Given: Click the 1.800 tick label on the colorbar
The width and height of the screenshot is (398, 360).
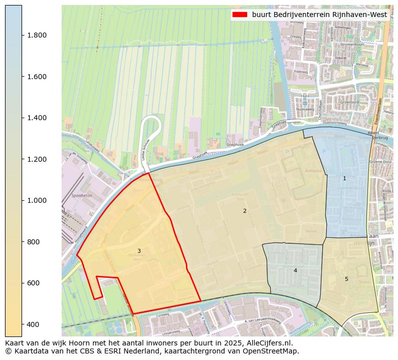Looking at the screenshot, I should point(37,35).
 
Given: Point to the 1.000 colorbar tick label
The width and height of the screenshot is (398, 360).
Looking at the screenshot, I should point(37,200).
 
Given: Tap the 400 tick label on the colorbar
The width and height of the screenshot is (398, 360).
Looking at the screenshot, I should point(34,324).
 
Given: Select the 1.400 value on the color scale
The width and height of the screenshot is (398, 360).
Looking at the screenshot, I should point(37,118).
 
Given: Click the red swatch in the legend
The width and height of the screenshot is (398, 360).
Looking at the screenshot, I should point(240,15).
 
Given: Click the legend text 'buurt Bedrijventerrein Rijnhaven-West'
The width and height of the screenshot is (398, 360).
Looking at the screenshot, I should point(319,15).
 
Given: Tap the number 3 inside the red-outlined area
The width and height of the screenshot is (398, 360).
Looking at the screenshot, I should point(139,251).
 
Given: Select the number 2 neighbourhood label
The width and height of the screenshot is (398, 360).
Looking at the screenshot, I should point(245,211).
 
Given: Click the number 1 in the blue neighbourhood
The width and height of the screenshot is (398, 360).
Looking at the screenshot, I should point(344,178).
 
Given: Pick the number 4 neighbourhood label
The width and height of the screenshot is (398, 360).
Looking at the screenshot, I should point(295,270).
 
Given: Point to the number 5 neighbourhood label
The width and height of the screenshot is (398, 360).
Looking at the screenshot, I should point(346,279).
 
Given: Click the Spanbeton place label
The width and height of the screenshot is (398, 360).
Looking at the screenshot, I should point(82,196).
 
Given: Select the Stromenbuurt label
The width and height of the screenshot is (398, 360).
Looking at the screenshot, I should point(351,45).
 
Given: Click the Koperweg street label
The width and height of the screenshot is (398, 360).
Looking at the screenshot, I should point(301,72).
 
